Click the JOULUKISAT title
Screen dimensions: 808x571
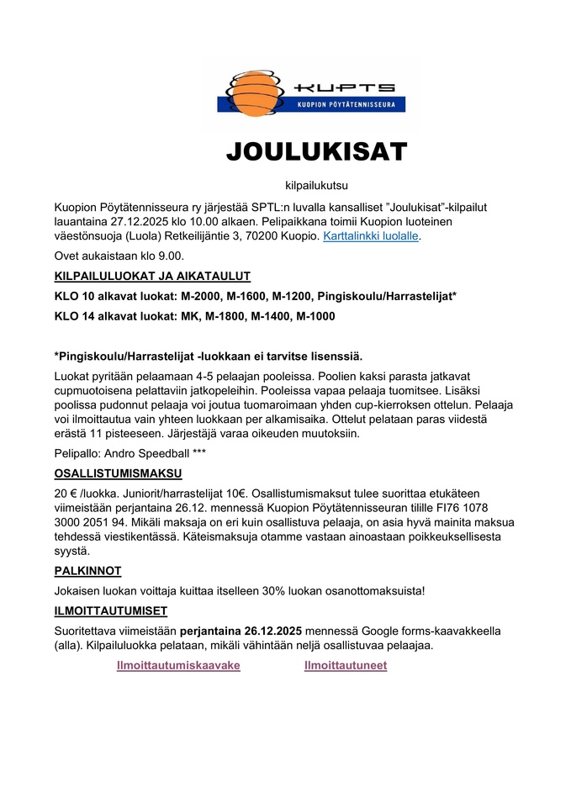point(316,151)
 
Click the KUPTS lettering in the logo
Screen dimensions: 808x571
point(346,87)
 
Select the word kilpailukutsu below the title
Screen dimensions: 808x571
point(316,183)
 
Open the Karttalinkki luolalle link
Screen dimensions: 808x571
point(371,236)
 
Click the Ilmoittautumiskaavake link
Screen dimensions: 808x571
point(178,665)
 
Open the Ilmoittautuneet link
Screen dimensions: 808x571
point(346,665)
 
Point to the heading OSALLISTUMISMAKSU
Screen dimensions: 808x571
point(117,473)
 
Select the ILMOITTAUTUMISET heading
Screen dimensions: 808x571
point(111,610)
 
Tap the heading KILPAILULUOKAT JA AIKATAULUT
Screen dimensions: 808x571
point(152,276)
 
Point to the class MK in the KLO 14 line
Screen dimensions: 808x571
point(188,316)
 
